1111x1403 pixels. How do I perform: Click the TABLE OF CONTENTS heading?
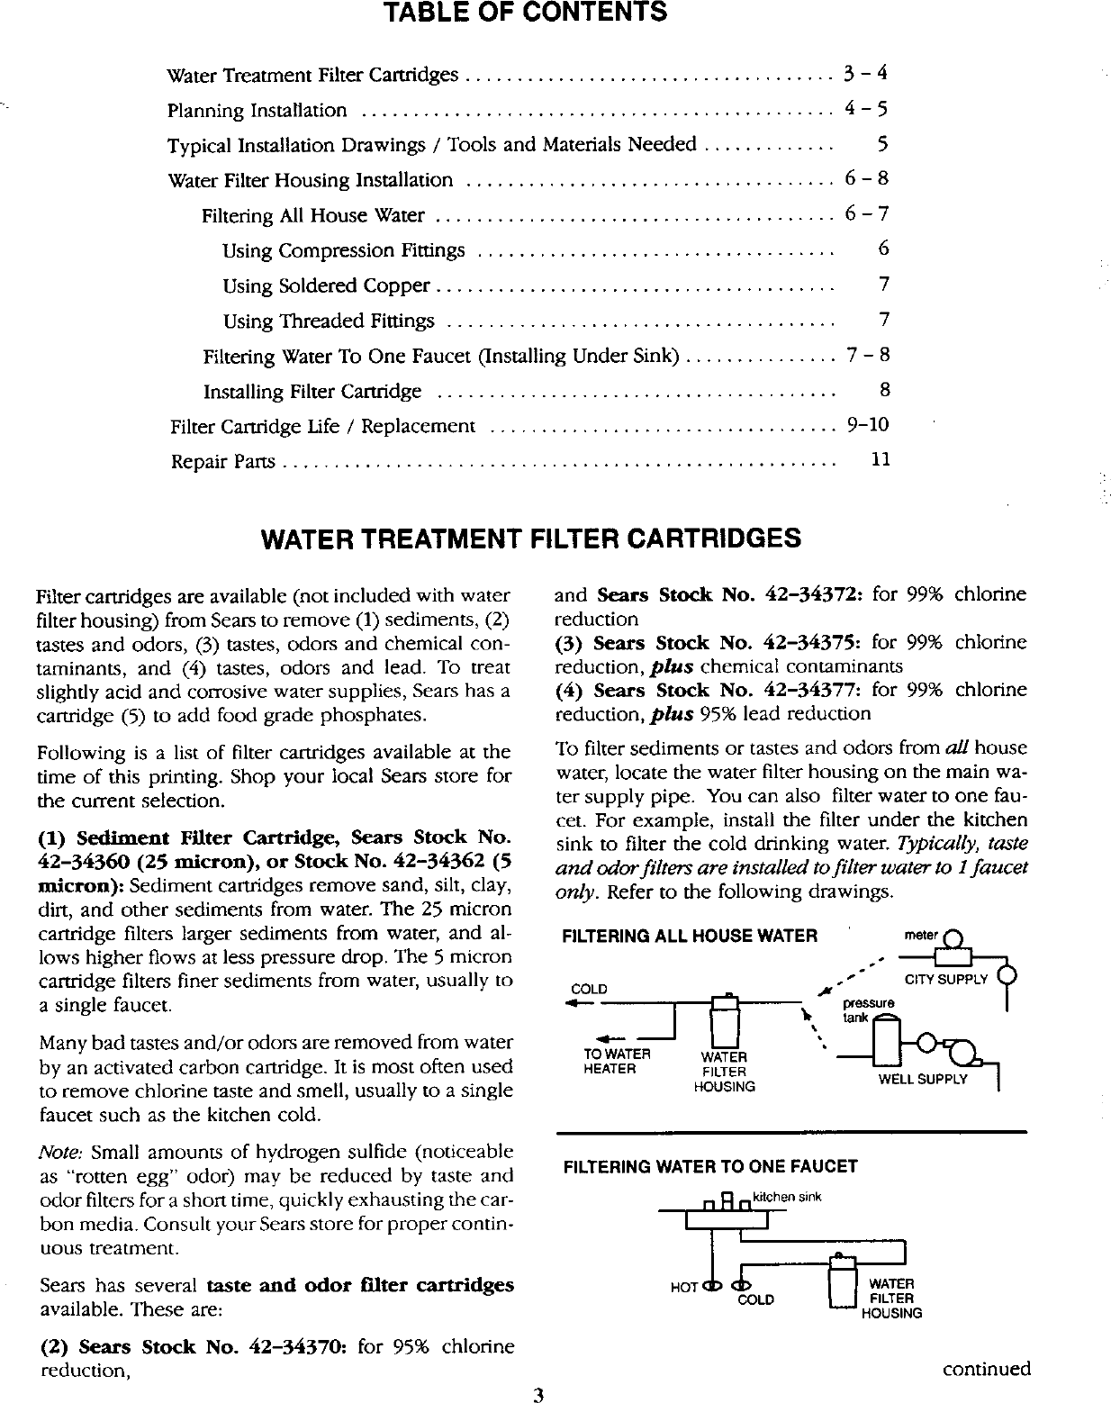(x=526, y=13)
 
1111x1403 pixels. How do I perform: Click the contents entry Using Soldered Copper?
(x=326, y=285)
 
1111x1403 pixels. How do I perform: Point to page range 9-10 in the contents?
(x=867, y=424)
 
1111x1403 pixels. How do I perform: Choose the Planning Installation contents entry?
(x=257, y=111)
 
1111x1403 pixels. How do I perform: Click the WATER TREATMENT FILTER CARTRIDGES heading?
(x=530, y=539)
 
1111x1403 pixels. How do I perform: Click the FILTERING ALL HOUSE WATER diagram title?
(x=690, y=936)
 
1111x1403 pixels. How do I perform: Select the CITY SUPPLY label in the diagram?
(x=945, y=979)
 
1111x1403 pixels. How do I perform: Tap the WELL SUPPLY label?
(x=922, y=1079)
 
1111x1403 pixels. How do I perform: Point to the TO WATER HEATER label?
(x=617, y=1061)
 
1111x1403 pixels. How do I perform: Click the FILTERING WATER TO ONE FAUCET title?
(x=709, y=1167)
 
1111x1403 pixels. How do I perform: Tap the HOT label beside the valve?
(x=684, y=1288)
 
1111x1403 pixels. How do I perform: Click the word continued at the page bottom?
(x=986, y=1370)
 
